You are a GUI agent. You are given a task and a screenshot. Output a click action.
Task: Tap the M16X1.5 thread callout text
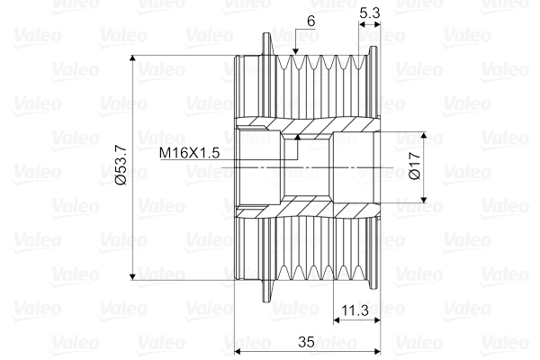coord(189,153)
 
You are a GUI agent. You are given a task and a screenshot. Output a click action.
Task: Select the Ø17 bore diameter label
coord(415,166)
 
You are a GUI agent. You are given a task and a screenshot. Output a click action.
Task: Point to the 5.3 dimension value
coord(369,13)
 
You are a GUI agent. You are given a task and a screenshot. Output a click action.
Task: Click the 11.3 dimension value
coord(355,310)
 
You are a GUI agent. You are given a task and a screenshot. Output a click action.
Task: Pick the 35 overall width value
coord(306,342)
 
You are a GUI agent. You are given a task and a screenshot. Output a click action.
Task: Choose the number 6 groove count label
coord(310,22)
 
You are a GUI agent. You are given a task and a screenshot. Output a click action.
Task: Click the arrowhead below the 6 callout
coord(295,51)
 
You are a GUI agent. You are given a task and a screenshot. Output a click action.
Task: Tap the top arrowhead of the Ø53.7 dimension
coord(132,58)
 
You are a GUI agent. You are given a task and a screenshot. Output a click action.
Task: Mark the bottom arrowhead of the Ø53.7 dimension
coord(132,276)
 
